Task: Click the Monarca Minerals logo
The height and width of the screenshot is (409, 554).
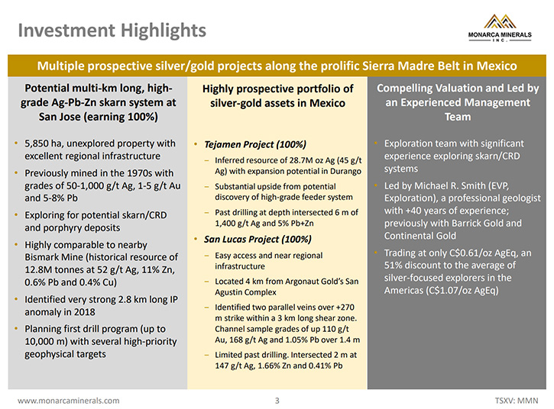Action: (x=500, y=28)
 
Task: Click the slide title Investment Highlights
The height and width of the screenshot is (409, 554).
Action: (x=112, y=31)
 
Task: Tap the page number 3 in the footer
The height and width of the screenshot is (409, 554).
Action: (x=277, y=401)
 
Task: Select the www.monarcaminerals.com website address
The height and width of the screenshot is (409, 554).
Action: (x=69, y=401)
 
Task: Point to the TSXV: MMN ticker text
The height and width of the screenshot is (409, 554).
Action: (x=517, y=401)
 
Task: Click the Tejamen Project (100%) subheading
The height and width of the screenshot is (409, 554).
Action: (x=255, y=144)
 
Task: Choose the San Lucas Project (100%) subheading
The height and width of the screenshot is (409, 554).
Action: (x=258, y=240)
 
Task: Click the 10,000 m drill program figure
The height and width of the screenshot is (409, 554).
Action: (x=46, y=342)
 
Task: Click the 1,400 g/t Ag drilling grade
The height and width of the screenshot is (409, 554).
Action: (x=238, y=224)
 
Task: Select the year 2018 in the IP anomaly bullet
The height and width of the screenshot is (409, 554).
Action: (x=85, y=312)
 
